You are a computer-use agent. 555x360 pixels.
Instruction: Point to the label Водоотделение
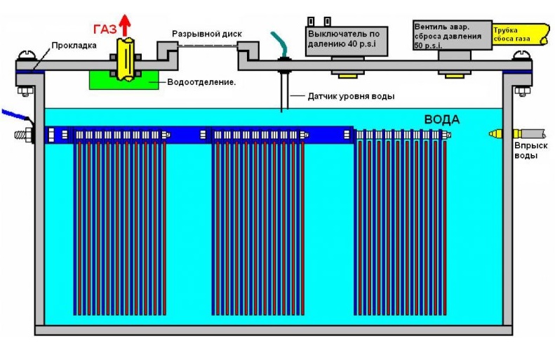201,82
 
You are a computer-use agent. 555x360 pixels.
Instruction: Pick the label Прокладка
69,46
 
